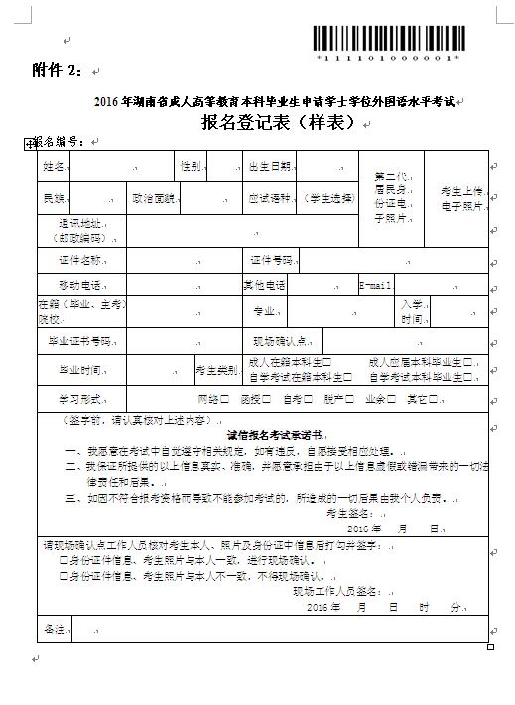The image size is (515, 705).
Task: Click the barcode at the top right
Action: tap(389, 40)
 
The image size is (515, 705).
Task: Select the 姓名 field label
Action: tap(54, 165)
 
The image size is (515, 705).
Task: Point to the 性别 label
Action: tap(190, 165)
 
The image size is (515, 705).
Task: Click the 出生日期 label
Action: tap(269, 165)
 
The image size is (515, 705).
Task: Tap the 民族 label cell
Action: tap(54, 198)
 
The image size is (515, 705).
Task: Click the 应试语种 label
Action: tap(269, 198)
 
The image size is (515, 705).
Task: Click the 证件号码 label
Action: tap(272, 260)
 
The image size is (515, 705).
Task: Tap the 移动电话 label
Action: tap(82, 285)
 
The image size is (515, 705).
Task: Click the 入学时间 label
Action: tap(411, 312)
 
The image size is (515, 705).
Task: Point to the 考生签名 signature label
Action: tap(346, 513)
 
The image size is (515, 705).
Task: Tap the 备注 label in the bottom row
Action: tap(53, 629)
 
